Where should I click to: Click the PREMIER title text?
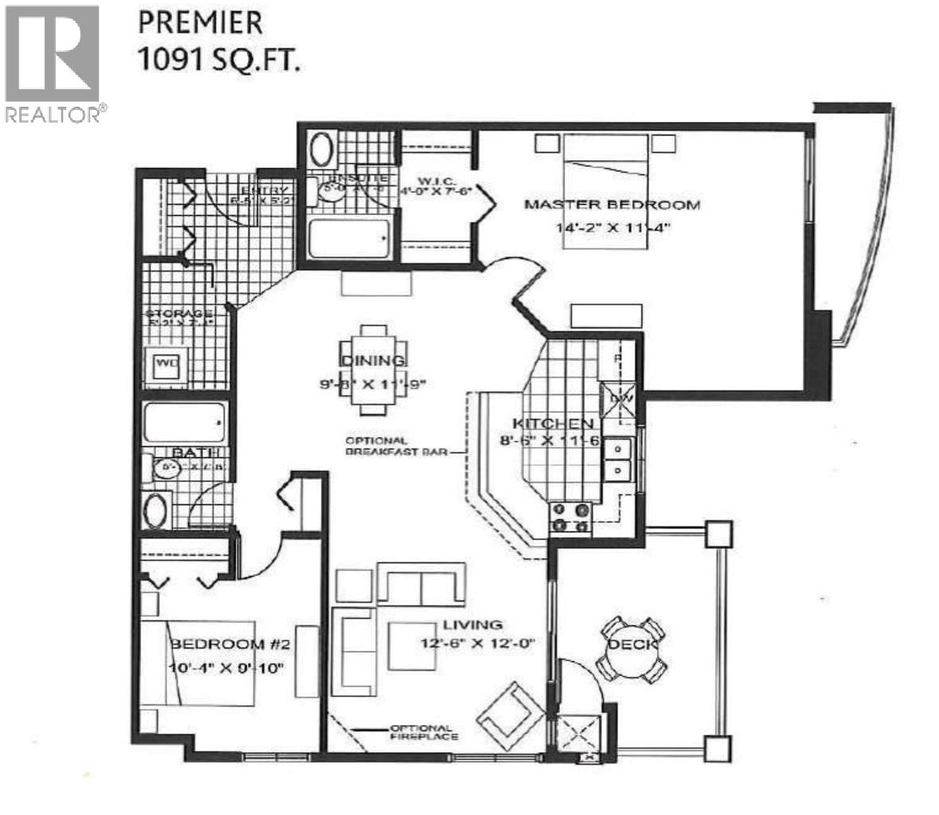coord(200,22)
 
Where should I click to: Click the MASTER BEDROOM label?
coord(612,205)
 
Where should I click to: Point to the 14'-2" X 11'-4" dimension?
coord(613,227)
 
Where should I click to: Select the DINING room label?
coord(374,361)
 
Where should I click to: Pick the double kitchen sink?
coord(617,460)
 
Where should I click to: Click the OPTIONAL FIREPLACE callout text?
coord(423,732)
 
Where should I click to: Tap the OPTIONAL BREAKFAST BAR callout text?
coord(376,446)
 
